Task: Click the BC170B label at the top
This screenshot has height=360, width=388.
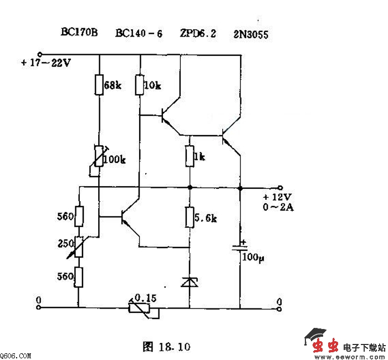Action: pyautogui.click(x=79, y=33)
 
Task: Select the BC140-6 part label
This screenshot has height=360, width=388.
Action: pyautogui.click(x=139, y=34)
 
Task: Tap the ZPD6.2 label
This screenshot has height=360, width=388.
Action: pyautogui.click(x=197, y=34)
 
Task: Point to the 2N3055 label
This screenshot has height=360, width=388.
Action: pyautogui.click(x=251, y=34)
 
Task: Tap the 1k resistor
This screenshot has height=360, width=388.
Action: pyautogui.click(x=190, y=156)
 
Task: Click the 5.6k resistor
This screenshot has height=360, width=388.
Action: pyautogui.click(x=190, y=217)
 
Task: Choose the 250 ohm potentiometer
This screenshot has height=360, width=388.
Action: pyautogui.click(x=79, y=247)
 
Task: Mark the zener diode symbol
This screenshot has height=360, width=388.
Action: pyautogui.click(x=190, y=282)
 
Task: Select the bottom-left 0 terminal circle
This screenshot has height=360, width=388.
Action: pyautogui.click(x=38, y=307)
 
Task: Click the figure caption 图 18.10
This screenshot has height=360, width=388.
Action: pyautogui.click(x=166, y=347)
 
